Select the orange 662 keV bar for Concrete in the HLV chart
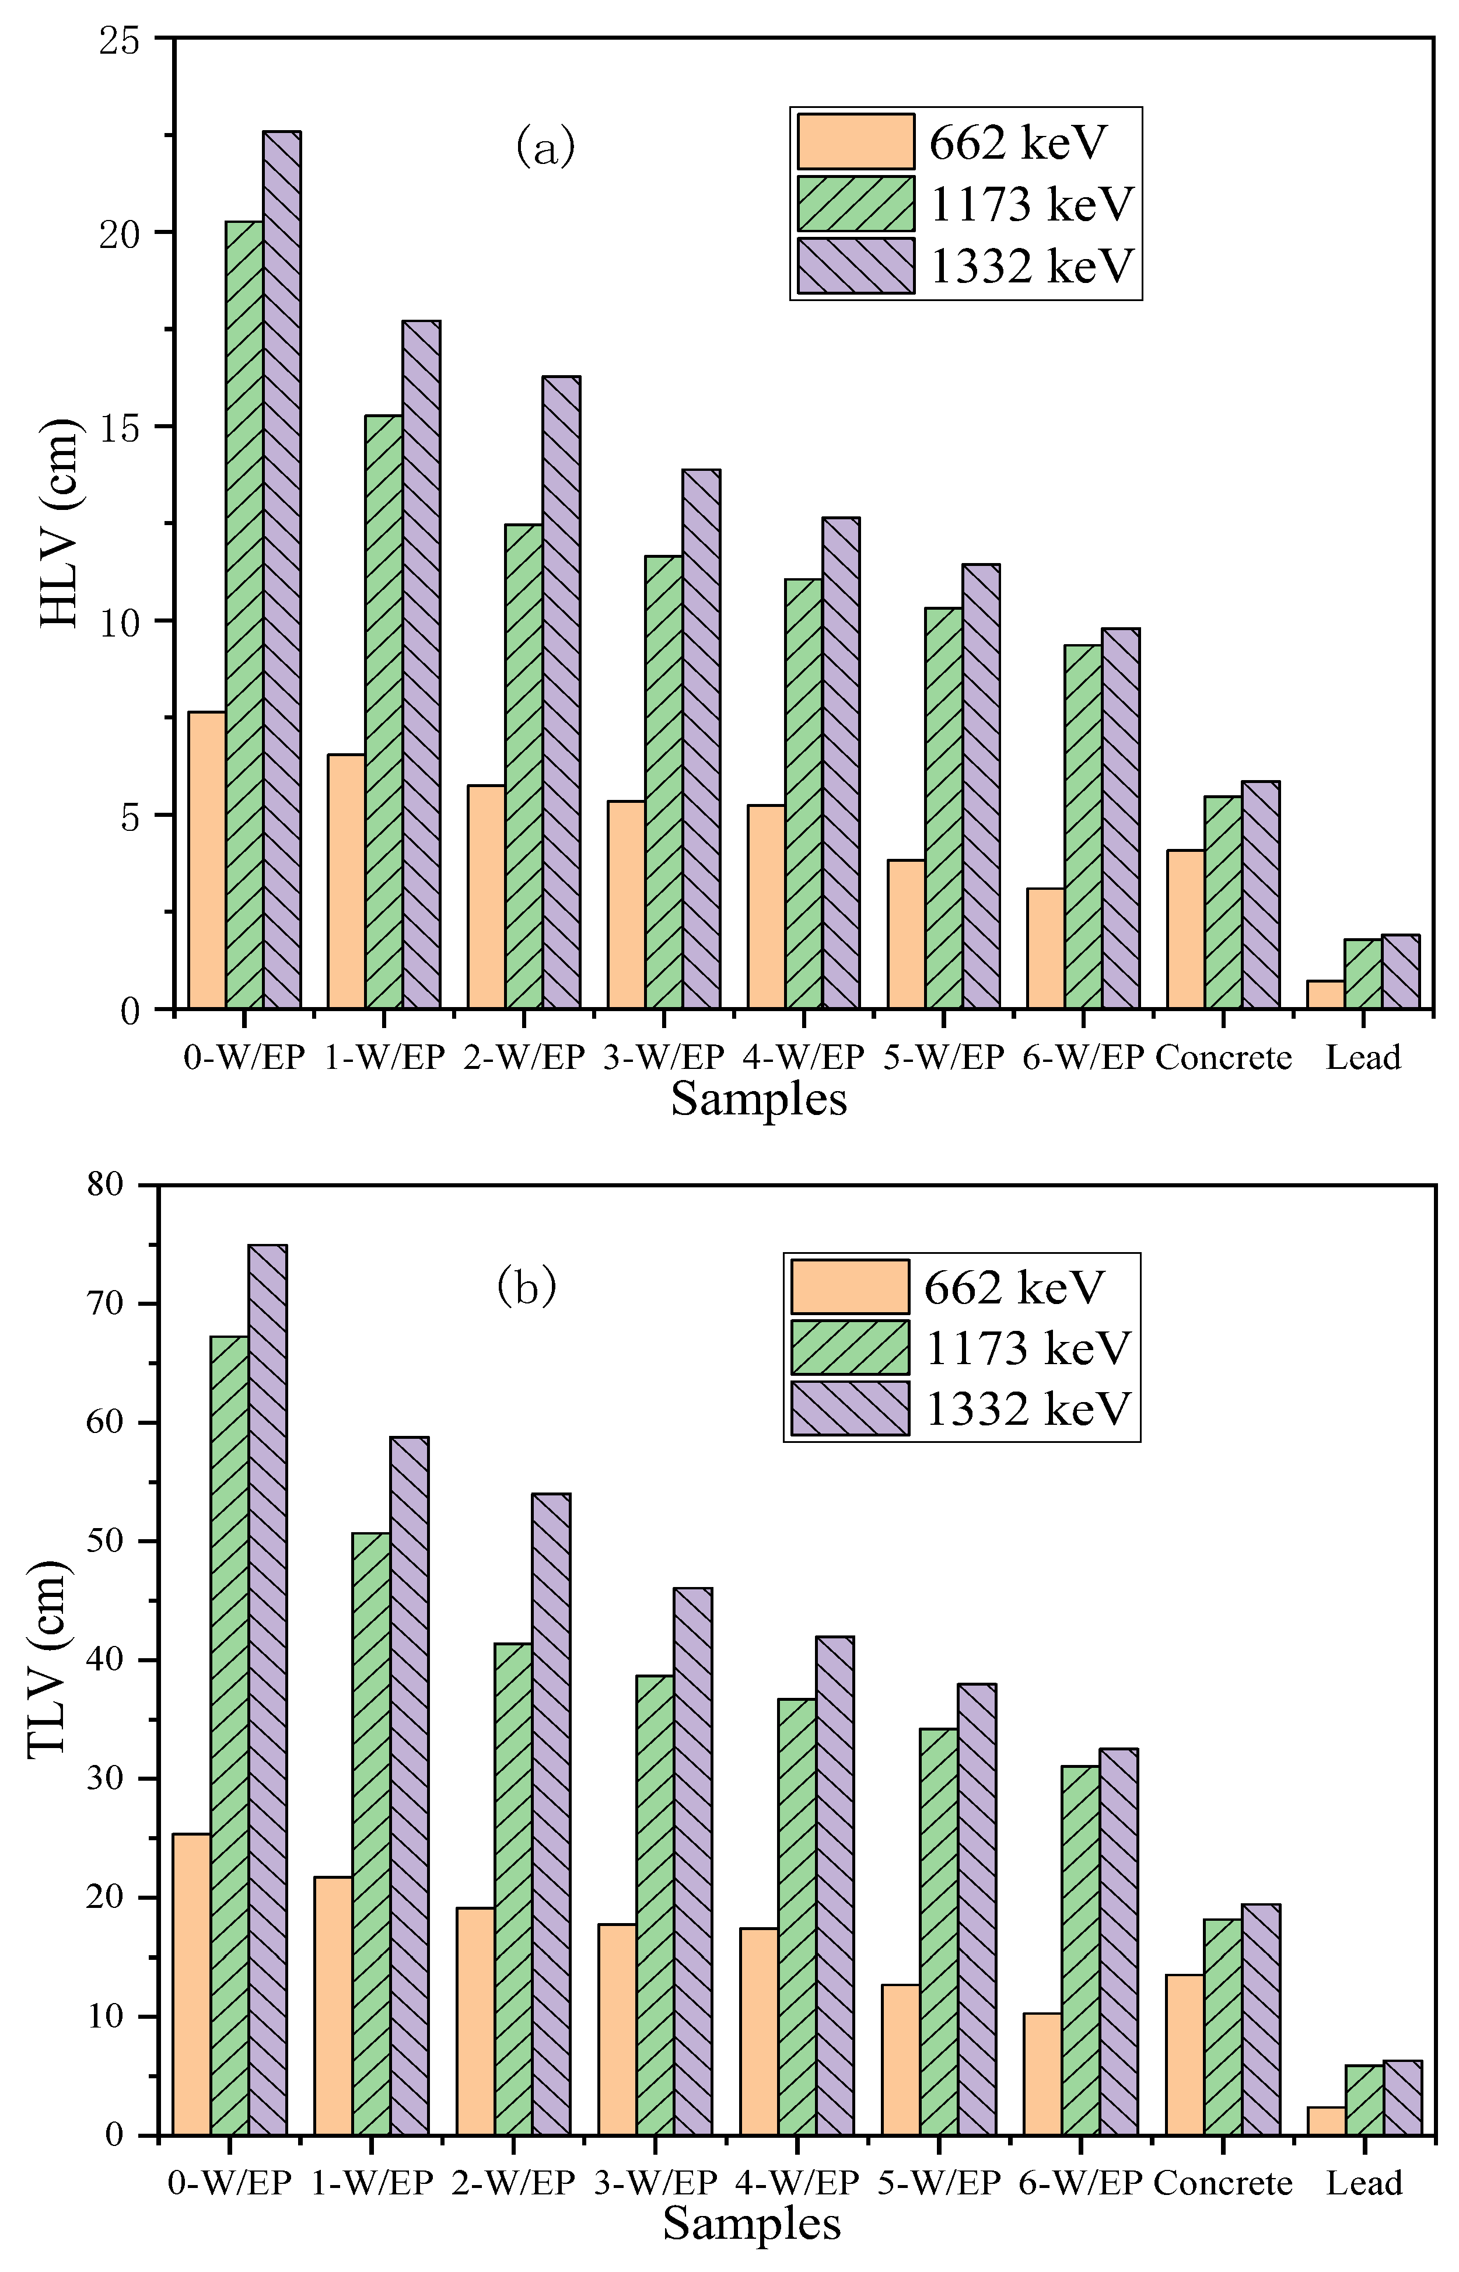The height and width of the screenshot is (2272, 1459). pos(1185,928)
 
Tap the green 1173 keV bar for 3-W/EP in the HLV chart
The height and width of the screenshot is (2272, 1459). pos(663,782)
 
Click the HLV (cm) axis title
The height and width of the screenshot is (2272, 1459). pos(60,522)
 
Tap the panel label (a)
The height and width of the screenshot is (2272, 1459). pos(545,147)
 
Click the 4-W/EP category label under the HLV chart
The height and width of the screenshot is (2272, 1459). pos(803,1057)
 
